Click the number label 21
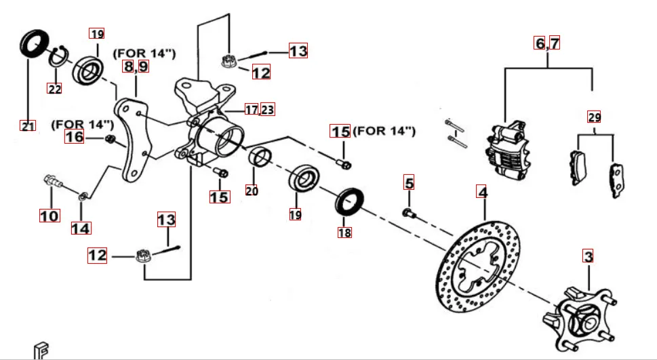pos(27,125)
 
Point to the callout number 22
pos(54,88)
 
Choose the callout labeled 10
pos(49,216)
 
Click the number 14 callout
pos(80,228)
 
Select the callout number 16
pos(75,137)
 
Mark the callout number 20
pos(252,191)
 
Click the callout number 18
pos(344,233)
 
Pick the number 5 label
pos(408,182)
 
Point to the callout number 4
pos(482,193)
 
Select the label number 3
pos(588,256)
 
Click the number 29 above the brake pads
pos(594,117)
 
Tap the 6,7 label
pos(547,43)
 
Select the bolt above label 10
pos(50,181)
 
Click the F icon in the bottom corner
pos(41,350)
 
